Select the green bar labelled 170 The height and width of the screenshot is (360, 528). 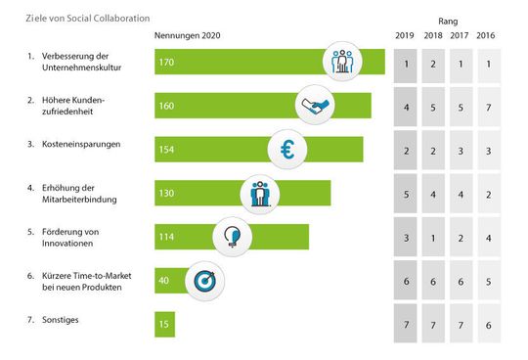pyautogui.click(x=244, y=61)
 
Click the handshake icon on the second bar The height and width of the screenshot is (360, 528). pyautogui.click(x=316, y=104)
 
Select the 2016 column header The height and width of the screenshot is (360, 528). pyautogui.click(x=484, y=36)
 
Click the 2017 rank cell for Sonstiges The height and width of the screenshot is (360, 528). pyautogui.click(x=459, y=324)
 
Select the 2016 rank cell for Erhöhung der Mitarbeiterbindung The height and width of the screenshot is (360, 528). pyautogui.click(x=484, y=193)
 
